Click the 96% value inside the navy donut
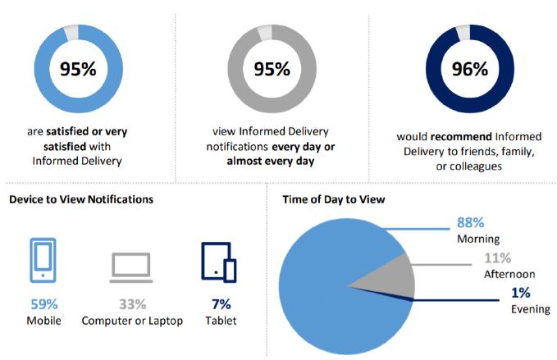469,69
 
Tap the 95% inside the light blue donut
78,69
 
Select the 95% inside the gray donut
272,69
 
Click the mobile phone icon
43,260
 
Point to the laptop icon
131,267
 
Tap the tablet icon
219,262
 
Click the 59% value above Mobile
44,304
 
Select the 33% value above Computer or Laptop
132,304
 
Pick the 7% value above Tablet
221,304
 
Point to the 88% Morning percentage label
470,222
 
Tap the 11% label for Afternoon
498,257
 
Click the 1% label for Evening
521,293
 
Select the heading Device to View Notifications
81,199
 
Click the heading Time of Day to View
334,199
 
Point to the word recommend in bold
461,137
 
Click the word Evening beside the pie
531,309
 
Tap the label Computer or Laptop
132,321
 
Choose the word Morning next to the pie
478,239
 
